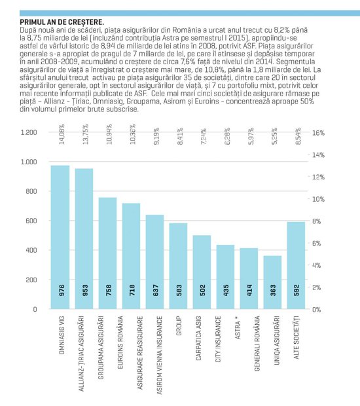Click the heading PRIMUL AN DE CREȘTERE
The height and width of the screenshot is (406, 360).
(x=62, y=22)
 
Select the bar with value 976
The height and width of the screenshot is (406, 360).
(x=60, y=237)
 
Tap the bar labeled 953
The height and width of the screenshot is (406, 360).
(x=84, y=239)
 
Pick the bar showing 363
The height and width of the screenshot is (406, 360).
(x=272, y=282)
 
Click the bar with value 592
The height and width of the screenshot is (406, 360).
(x=296, y=265)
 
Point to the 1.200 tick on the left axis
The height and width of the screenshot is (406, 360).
(x=29, y=132)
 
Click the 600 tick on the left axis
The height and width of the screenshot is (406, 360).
(x=31, y=221)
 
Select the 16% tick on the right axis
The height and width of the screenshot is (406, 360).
(x=318, y=133)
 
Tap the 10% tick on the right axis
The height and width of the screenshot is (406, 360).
(x=318, y=199)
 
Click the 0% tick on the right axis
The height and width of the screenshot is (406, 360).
(x=317, y=310)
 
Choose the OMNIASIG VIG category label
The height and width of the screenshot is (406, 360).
(x=62, y=335)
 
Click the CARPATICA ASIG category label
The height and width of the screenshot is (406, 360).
(x=198, y=338)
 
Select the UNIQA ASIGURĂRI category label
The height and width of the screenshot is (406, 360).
(x=277, y=341)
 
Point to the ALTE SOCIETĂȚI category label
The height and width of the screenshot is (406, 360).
(x=297, y=337)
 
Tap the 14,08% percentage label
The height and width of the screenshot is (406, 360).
(x=62, y=134)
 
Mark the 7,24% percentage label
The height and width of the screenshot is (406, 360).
(x=204, y=136)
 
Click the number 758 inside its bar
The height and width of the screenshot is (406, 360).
(x=109, y=290)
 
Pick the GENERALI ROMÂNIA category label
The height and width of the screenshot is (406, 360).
(x=257, y=343)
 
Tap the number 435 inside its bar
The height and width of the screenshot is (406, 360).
(x=226, y=290)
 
